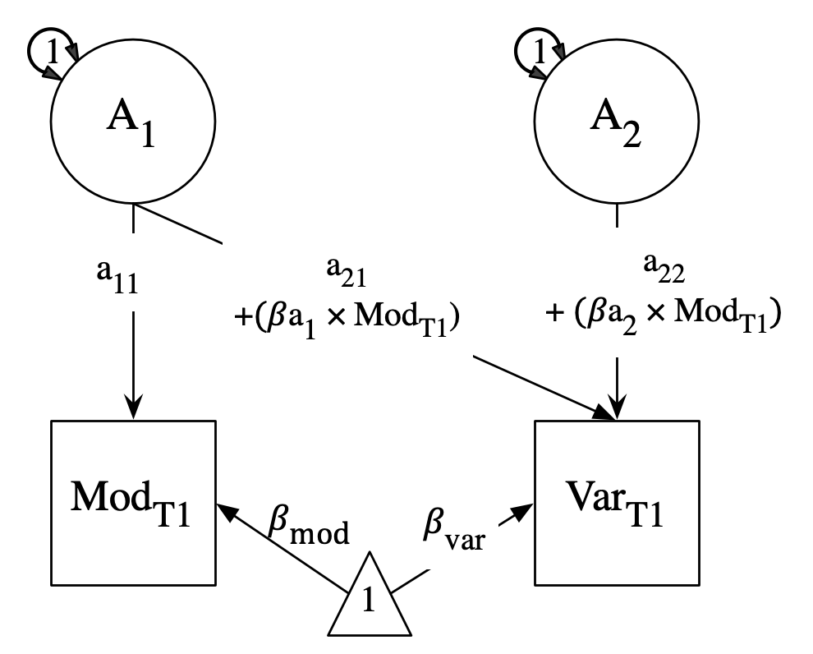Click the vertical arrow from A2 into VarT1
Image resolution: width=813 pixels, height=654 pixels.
coord(617,378)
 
